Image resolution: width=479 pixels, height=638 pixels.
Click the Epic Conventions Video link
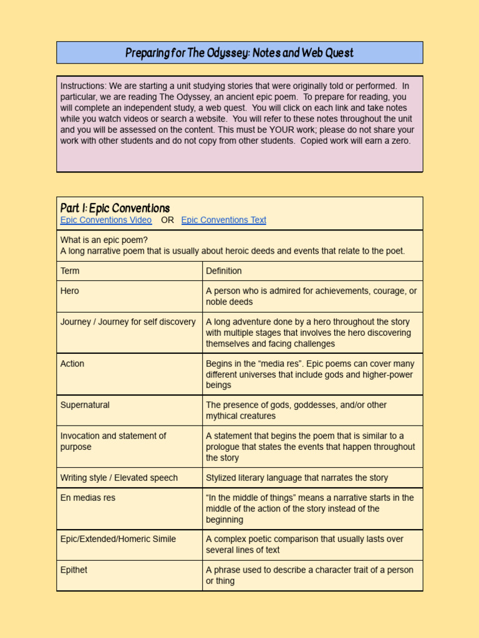click(x=105, y=220)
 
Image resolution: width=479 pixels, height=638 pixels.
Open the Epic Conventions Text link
click(x=223, y=220)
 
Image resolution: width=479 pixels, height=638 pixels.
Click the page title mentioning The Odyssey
click(x=239, y=53)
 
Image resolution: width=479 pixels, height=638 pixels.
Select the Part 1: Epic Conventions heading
click(x=115, y=208)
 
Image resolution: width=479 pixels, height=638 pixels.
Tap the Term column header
click(x=70, y=271)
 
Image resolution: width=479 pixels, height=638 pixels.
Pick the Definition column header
click(x=223, y=271)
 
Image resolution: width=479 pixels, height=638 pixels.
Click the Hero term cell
click(x=70, y=291)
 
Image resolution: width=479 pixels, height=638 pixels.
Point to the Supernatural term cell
click(x=85, y=405)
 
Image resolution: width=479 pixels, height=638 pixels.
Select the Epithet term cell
click(x=74, y=570)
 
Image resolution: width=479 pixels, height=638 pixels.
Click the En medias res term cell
click(x=88, y=498)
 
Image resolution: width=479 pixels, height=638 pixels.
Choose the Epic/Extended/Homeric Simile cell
click(x=118, y=539)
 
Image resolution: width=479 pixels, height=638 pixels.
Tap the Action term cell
click(x=72, y=364)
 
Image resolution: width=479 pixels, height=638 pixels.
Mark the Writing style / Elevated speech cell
click(x=119, y=478)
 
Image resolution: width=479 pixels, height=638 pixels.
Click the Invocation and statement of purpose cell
click(x=113, y=441)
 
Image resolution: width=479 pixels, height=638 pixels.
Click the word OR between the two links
click(x=167, y=220)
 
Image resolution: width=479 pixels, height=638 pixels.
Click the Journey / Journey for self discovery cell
click(x=128, y=322)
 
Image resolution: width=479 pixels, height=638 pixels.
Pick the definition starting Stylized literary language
click(x=297, y=478)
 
